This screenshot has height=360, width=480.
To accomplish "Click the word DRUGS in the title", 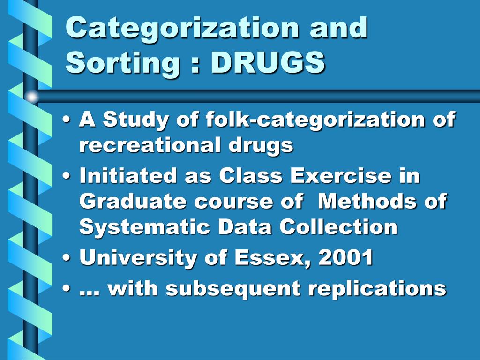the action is click(x=268, y=62).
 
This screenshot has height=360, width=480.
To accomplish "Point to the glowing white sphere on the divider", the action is click(x=32, y=97).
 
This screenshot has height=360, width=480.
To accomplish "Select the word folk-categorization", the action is click(x=315, y=120).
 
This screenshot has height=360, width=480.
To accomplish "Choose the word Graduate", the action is click(x=133, y=202).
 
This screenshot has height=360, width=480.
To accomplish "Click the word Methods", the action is click(x=367, y=201).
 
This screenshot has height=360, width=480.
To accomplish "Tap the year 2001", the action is click(x=345, y=257).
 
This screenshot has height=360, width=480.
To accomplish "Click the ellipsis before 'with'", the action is click(x=90, y=293).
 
